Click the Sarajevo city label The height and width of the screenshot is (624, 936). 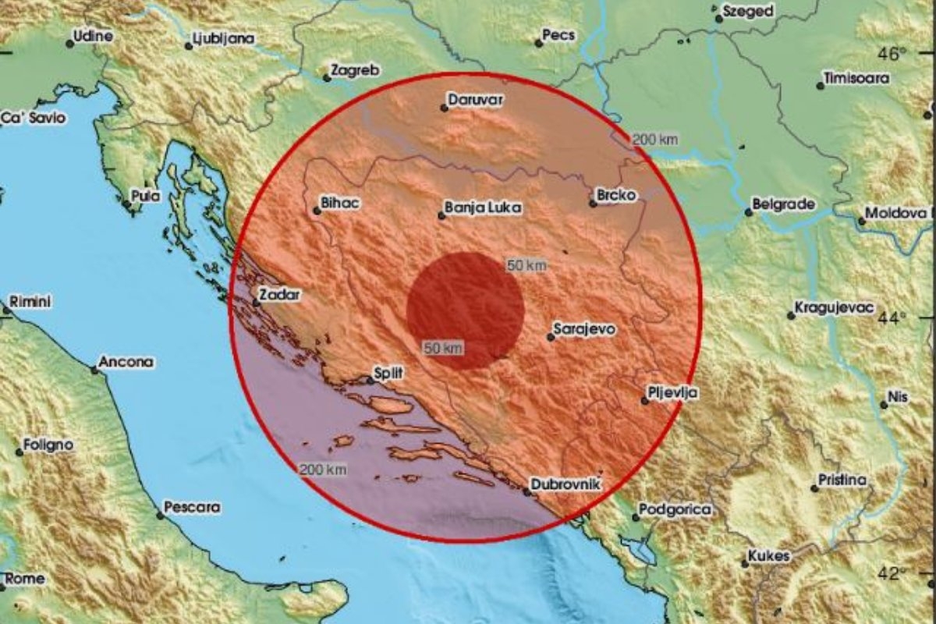tap(585, 330)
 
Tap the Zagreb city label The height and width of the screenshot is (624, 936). tap(355, 70)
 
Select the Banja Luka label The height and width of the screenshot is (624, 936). tap(483, 208)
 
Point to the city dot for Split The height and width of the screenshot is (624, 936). tap(370, 381)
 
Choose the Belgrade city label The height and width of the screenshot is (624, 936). tap(784, 204)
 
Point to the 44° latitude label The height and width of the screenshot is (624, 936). tap(892, 317)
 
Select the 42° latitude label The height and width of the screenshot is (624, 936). tap(892, 574)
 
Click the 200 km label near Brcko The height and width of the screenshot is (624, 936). tap(654, 140)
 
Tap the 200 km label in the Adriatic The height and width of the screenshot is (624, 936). tap(322, 469)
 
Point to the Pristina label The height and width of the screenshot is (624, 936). tap(842, 480)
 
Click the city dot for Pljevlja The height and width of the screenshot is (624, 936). tap(645, 401)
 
